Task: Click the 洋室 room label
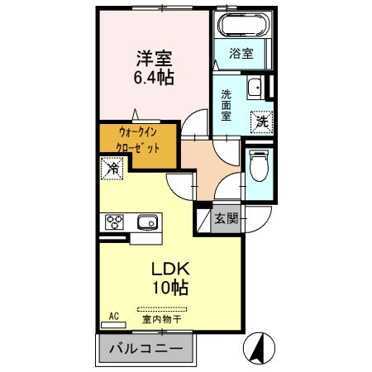[155, 60]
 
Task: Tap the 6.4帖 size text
[155, 79]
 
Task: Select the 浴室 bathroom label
[241, 53]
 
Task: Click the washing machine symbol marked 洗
[260, 121]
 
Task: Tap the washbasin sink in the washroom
[256, 85]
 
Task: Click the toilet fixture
[258, 166]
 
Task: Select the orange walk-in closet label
[137, 144]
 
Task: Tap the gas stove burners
[113, 222]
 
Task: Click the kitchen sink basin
[148, 222]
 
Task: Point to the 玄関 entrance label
[227, 218]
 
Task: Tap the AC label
[114, 316]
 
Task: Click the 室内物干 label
[162, 319]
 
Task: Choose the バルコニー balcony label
[147, 349]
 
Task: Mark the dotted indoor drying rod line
[163, 308]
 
